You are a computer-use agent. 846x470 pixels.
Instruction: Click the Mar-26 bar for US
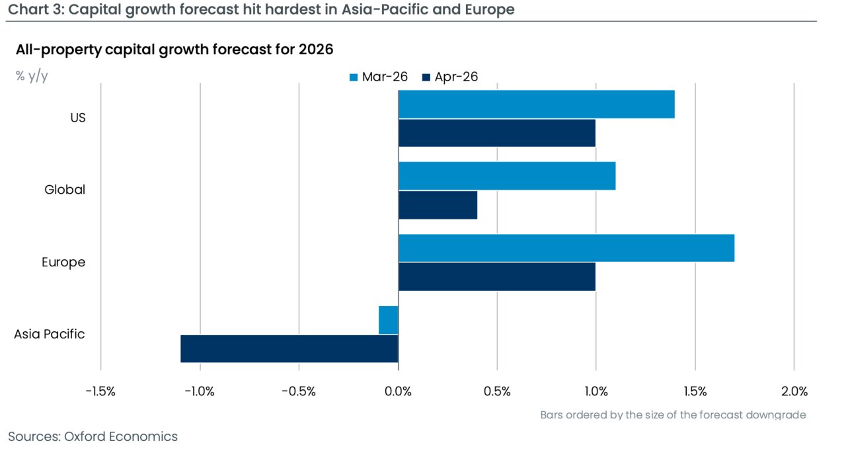click(536, 104)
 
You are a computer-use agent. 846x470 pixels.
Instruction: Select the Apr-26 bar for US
click(496, 133)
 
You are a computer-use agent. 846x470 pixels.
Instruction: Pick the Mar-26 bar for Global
click(506, 176)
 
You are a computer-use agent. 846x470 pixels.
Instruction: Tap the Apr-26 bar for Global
click(438, 205)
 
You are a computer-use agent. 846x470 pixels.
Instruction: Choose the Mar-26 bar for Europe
click(566, 248)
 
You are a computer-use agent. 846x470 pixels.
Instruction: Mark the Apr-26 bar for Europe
click(496, 277)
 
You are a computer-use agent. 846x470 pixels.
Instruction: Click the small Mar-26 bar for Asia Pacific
click(389, 320)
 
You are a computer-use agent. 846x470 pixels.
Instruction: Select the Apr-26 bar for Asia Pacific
click(289, 348)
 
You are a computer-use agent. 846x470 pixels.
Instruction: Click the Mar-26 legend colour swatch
click(354, 77)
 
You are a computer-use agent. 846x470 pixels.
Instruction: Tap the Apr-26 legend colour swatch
click(426, 77)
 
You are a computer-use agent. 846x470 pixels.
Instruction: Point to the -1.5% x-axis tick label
click(100, 391)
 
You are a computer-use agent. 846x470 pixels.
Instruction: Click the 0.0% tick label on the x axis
click(398, 391)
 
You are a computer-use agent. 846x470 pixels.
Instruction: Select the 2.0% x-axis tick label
click(794, 391)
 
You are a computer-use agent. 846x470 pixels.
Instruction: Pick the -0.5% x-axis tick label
click(299, 391)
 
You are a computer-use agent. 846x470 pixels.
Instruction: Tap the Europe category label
click(63, 262)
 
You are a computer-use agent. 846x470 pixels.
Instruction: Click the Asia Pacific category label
click(50, 334)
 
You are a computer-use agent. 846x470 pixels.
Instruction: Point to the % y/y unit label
click(32, 76)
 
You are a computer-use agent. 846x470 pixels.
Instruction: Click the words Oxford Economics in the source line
click(121, 436)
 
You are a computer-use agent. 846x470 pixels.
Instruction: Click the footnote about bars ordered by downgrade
click(673, 415)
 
